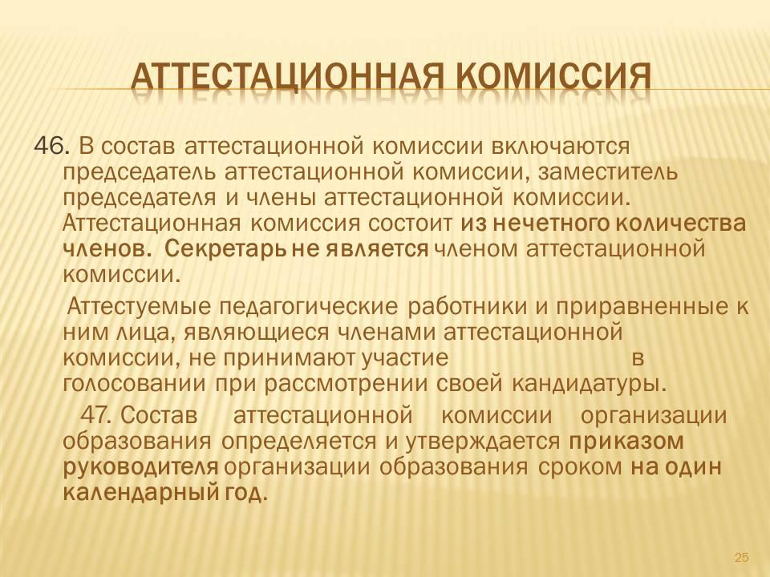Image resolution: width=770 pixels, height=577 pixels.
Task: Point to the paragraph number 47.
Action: click(x=98, y=415)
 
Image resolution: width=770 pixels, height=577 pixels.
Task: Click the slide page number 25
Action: click(x=741, y=557)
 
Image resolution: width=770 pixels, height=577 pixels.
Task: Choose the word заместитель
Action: click(x=608, y=172)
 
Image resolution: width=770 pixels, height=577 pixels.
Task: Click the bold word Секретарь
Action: click(x=225, y=249)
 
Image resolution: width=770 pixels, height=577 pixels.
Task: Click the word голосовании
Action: click(x=135, y=383)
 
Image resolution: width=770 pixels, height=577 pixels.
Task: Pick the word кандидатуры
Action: click(x=590, y=383)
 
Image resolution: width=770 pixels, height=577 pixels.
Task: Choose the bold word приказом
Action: click(x=626, y=442)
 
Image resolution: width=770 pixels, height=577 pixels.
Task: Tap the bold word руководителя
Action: click(x=141, y=467)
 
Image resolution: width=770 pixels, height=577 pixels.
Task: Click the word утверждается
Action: click(x=483, y=442)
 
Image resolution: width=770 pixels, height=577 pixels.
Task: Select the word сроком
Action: click(x=580, y=467)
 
